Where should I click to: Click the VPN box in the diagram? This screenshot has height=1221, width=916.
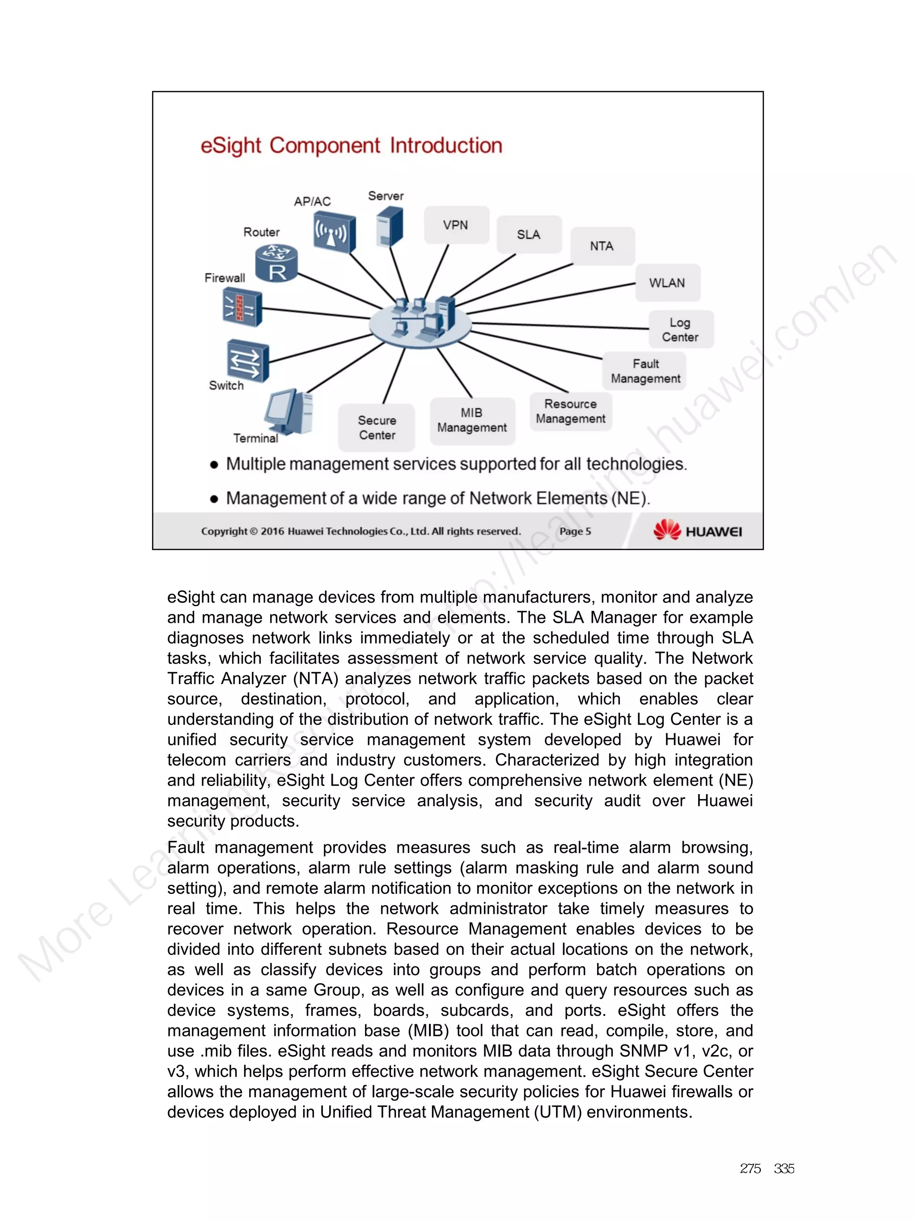pyautogui.click(x=456, y=224)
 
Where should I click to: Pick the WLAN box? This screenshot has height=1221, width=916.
pyautogui.click(x=667, y=283)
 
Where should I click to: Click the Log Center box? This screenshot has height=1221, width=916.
pyautogui.click(x=680, y=330)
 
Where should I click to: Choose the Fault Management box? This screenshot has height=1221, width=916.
pyautogui.click(x=645, y=371)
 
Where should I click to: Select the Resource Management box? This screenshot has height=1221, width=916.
pyautogui.click(x=570, y=411)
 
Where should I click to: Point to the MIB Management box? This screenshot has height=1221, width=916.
pyautogui.click(x=472, y=420)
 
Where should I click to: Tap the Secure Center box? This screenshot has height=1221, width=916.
pyautogui.click(x=377, y=428)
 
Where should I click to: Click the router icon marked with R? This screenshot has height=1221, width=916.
pyautogui.click(x=276, y=264)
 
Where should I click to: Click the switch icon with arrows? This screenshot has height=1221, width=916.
pyautogui.click(x=247, y=360)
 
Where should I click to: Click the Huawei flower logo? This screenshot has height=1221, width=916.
pyautogui.click(x=666, y=530)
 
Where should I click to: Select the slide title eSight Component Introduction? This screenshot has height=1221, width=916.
pyautogui.click(x=351, y=146)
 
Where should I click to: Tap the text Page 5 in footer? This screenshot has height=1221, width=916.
pyautogui.click(x=575, y=531)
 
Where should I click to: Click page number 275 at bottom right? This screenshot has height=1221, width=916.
pyautogui.click(x=750, y=1169)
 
